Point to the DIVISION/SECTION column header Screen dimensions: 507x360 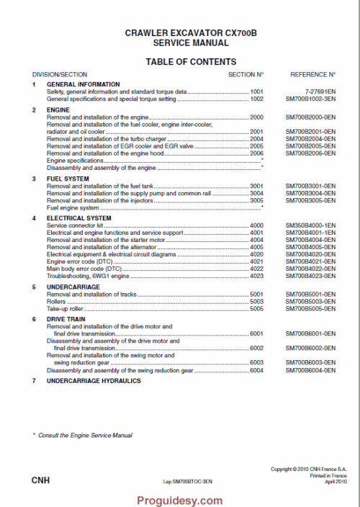pyautogui.click(x=60, y=74)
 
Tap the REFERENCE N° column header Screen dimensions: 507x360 pyautogui.click(x=312, y=74)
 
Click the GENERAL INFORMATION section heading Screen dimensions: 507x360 pyautogui.click(x=78, y=85)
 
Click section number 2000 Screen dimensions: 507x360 pyautogui.click(x=256, y=117)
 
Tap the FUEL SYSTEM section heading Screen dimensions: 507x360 pyautogui.click(x=68, y=179)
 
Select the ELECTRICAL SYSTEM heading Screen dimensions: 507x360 pyautogui.click(x=78, y=217)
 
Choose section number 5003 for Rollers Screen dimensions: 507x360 pyautogui.click(x=256, y=301)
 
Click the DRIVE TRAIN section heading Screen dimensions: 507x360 pyautogui.click(x=67, y=318)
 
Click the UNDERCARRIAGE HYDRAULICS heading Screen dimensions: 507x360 pyautogui.click(x=94, y=381)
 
